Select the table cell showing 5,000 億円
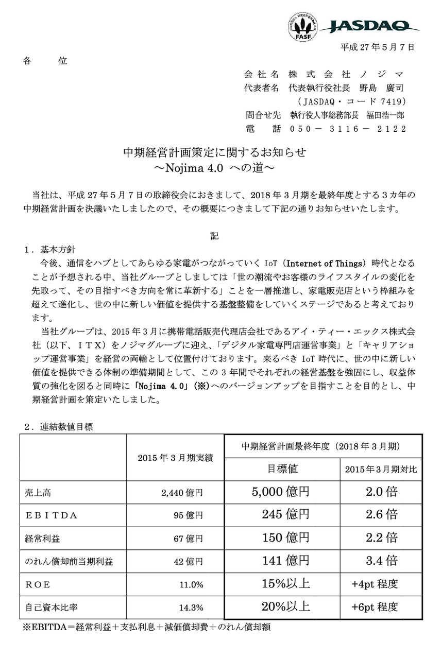281,492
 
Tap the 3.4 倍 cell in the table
381,561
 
